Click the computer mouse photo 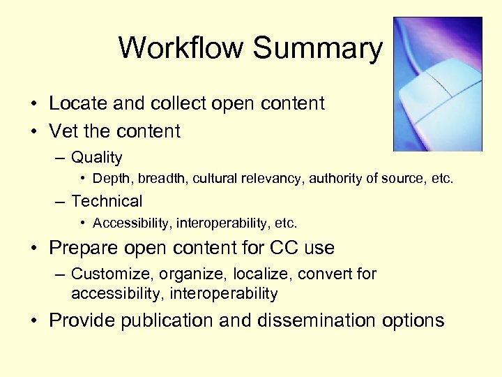pos(437,84)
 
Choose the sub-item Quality pos(96,158)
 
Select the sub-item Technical pos(107,202)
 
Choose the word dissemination pos(320,320)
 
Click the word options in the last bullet pos(413,320)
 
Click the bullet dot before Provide pos(33,321)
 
